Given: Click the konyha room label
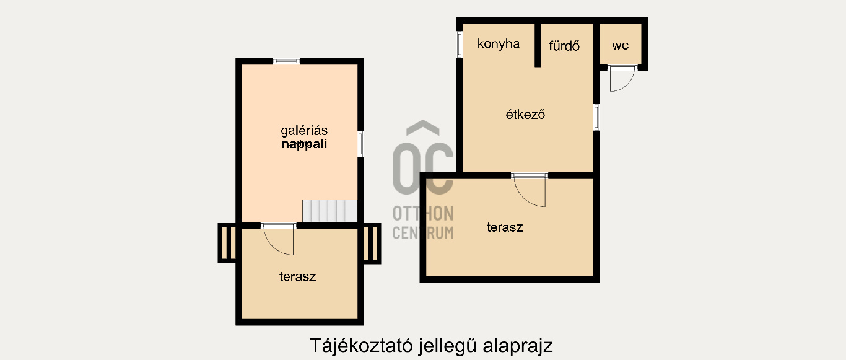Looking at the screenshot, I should [x=498, y=44].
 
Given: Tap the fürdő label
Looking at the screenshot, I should [x=564, y=45].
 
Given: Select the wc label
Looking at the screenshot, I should [x=620, y=45].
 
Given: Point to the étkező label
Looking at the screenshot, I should [x=525, y=115].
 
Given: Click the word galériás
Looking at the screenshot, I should [x=303, y=131].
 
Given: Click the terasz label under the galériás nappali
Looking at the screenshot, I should [x=297, y=276].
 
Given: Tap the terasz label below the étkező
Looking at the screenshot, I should [x=505, y=227].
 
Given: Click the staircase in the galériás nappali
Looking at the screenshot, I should [x=329, y=211].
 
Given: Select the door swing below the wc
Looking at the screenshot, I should [x=621, y=79].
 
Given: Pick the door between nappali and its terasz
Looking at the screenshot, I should [x=279, y=239].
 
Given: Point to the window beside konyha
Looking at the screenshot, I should [x=460, y=44].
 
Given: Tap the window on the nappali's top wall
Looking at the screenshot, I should [x=286, y=61].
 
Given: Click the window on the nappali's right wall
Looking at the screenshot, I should [x=360, y=144].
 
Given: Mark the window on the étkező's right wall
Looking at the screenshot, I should [x=596, y=117].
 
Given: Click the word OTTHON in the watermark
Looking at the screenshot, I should [x=423, y=214].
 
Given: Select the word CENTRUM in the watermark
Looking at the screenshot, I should [x=423, y=232].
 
